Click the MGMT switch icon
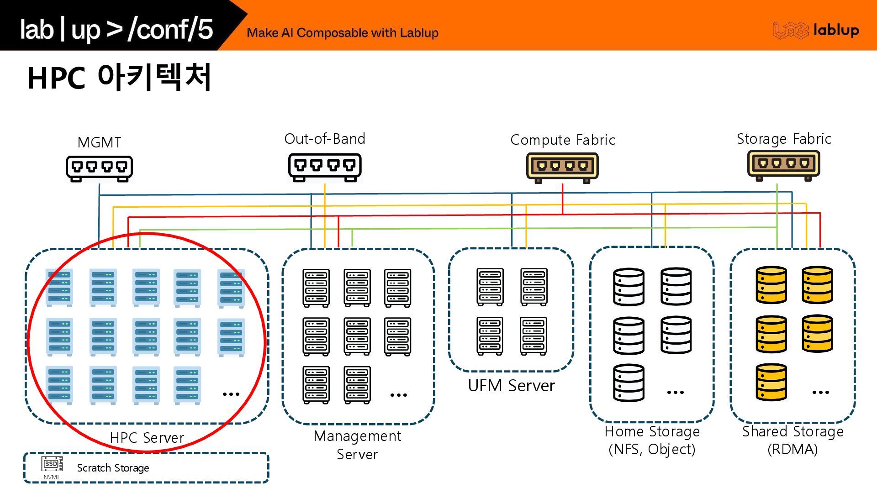[99, 168]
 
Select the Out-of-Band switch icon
[325, 167]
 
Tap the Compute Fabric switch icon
[562, 167]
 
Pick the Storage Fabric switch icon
[783, 165]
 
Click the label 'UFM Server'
[511, 386]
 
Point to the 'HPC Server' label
[147, 438]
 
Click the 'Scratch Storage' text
[113, 468]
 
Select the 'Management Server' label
[357, 445]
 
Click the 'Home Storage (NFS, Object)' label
[652, 441]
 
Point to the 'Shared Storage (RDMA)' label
[792, 441]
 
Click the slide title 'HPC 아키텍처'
[119, 77]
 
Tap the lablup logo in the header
[816, 31]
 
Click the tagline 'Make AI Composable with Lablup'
[342, 33]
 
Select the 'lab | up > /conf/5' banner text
[116, 29]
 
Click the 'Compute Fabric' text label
[562, 140]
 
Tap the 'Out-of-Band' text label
[325, 139]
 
